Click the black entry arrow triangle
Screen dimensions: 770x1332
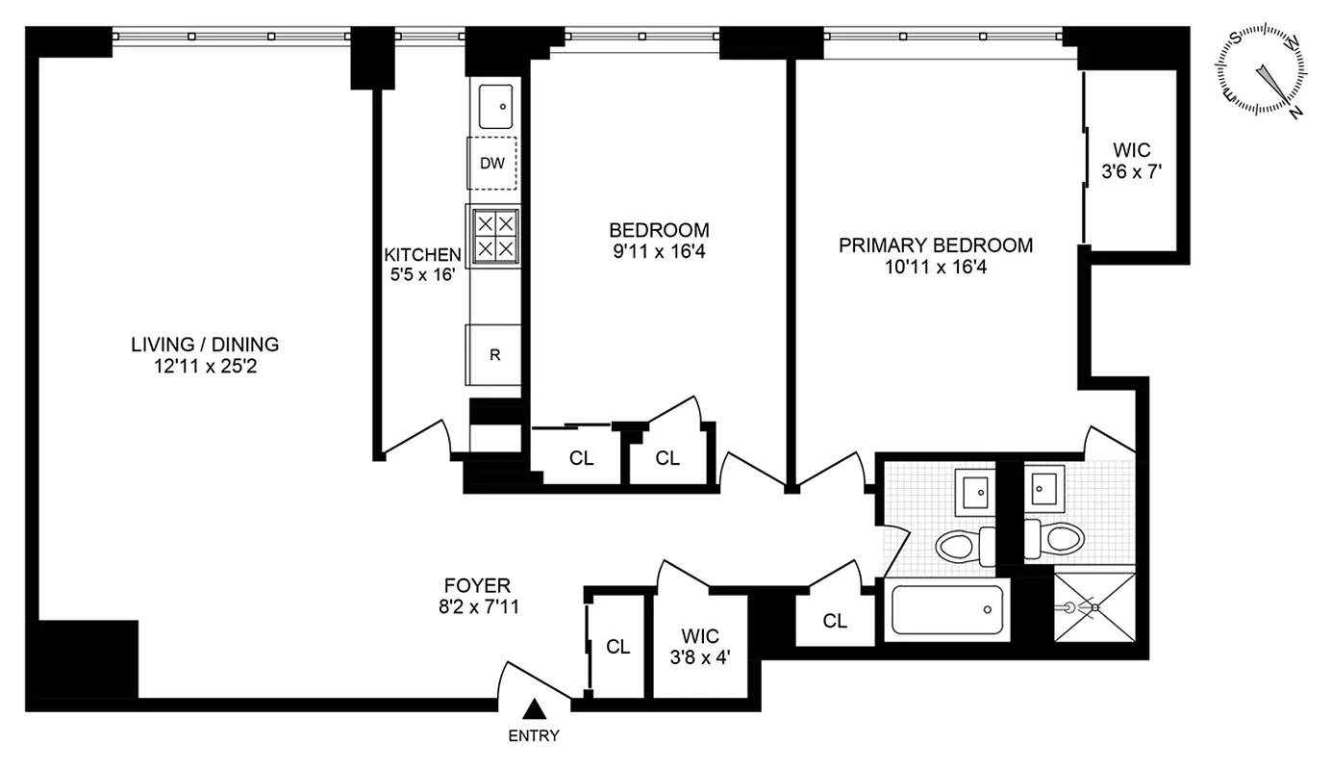534,710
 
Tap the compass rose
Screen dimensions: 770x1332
1262,70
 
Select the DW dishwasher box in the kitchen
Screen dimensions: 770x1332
492,163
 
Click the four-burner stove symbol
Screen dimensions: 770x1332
493,235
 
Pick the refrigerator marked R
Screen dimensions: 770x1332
494,354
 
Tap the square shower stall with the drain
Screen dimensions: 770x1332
1093,608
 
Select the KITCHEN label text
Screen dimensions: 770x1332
422,255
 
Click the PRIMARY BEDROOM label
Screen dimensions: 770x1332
935,245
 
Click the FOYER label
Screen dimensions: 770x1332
477,584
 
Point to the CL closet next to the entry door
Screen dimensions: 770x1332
617,647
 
